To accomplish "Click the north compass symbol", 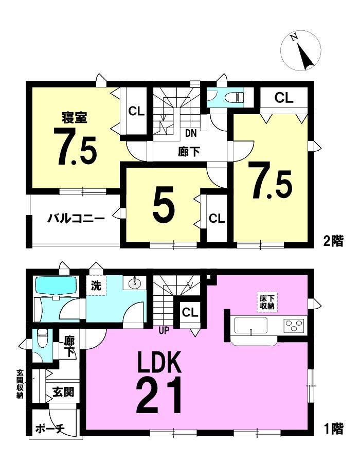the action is pos(301,50).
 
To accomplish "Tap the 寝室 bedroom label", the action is pos(74,117).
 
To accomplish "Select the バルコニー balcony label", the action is pos(77,219).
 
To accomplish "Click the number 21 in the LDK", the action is pos(159,396).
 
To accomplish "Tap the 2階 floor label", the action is pos(334,241).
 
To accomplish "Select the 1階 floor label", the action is pos(334,429).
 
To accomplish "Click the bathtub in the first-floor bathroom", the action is pos(56,285).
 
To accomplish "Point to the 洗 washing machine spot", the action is pos(96,286).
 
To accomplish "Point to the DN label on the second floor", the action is pos(191,133).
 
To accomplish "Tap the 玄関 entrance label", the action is pos(63,392).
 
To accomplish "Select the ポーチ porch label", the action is pos(49,429).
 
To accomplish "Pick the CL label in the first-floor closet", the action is pos(190,312).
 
